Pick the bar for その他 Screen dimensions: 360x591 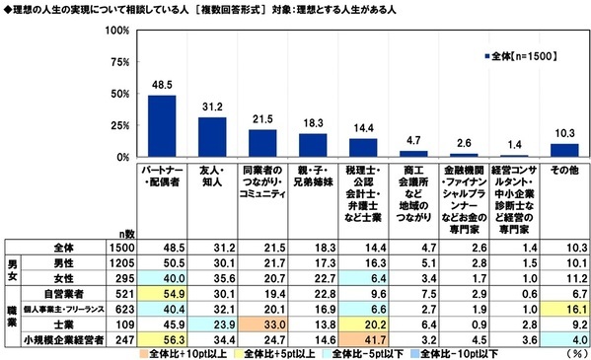[563, 150]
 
